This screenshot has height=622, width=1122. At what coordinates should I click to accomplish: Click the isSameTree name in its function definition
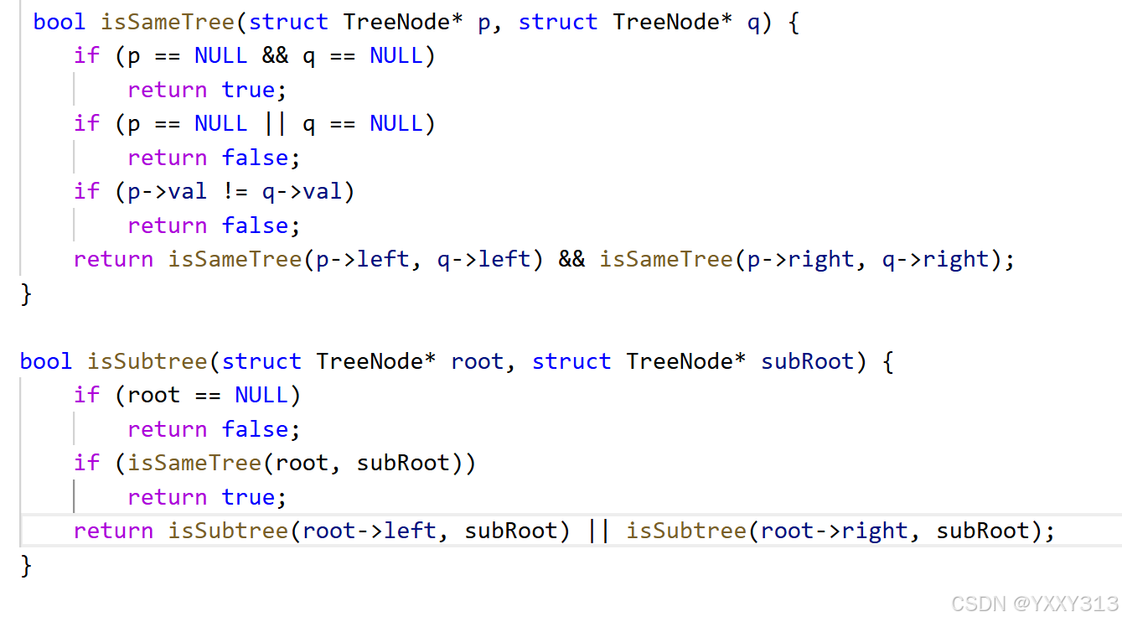click(x=167, y=22)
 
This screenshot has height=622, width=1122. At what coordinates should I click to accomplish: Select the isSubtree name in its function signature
click(x=147, y=361)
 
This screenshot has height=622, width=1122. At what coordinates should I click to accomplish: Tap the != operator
click(x=235, y=192)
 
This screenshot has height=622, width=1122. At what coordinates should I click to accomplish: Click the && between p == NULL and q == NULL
click(x=275, y=56)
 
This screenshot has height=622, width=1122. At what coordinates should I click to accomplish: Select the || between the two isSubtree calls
click(x=598, y=531)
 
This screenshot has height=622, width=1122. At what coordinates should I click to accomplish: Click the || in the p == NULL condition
click(x=275, y=124)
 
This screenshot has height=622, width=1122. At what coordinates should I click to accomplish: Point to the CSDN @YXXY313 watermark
click(x=1036, y=604)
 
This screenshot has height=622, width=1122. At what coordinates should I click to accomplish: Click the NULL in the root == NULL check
click(x=261, y=395)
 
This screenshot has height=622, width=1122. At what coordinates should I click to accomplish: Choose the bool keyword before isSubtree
click(x=46, y=361)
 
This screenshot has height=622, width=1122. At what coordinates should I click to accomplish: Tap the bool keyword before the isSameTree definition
click(x=59, y=22)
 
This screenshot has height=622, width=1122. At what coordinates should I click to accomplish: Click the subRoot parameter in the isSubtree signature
click(x=808, y=361)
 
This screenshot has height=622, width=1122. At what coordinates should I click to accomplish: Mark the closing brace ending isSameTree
click(x=26, y=294)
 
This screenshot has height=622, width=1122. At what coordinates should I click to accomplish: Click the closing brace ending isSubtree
click(x=26, y=565)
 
